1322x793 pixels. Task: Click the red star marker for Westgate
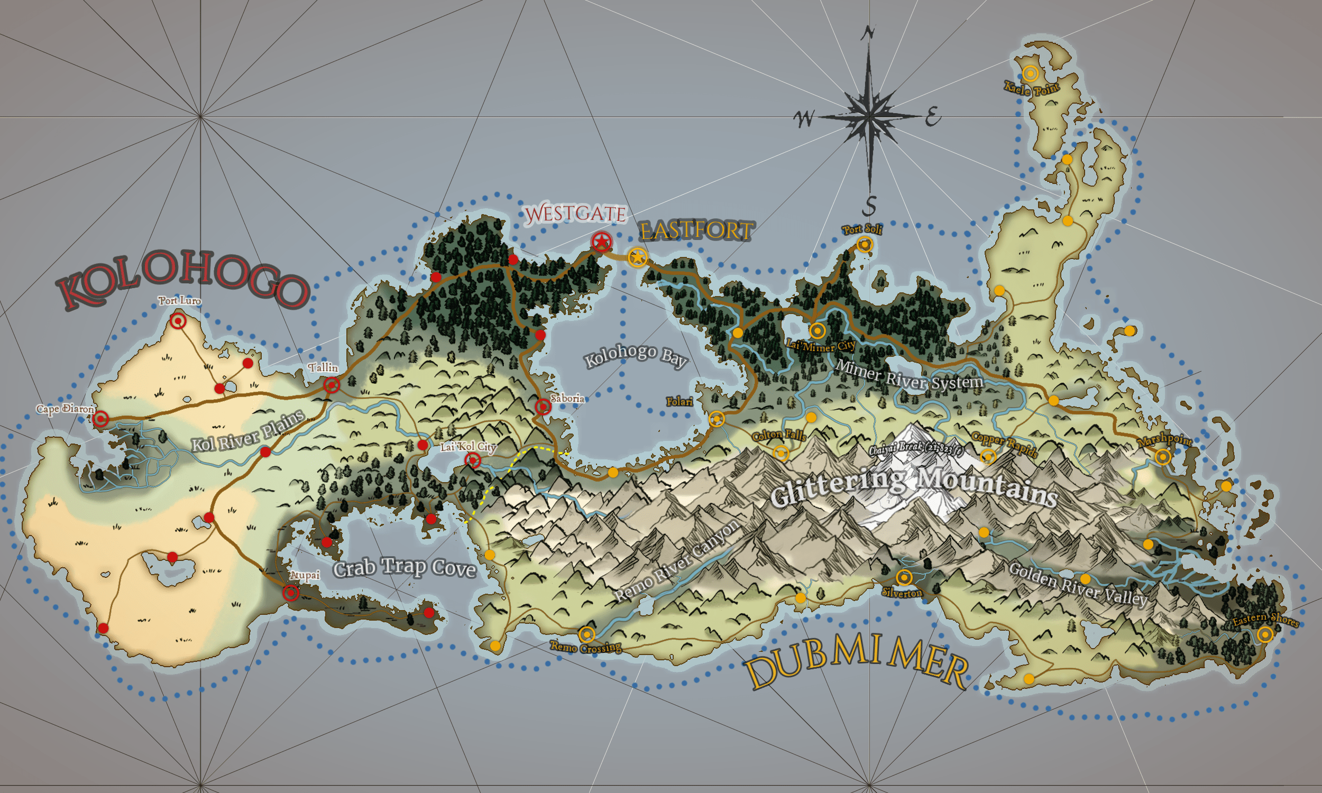[x=602, y=242]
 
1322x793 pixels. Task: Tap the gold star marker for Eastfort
[x=637, y=257]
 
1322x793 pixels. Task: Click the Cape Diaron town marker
[x=100, y=418]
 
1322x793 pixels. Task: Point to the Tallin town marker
[x=332, y=385]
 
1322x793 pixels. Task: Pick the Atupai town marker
[x=291, y=593]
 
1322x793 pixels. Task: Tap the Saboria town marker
[x=543, y=407]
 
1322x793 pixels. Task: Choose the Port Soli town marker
[x=865, y=245]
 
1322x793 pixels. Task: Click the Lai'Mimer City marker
[x=816, y=331]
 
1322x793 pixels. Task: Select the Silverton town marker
[x=904, y=578]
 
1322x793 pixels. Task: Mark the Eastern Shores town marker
[x=1265, y=635]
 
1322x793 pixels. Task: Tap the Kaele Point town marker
[x=1030, y=73]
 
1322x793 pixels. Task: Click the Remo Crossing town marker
[x=587, y=634]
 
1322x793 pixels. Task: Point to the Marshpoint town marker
[x=1163, y=457]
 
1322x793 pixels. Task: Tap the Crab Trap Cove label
[x=405, y=567]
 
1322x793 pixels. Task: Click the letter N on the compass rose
[x=869, y=34]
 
